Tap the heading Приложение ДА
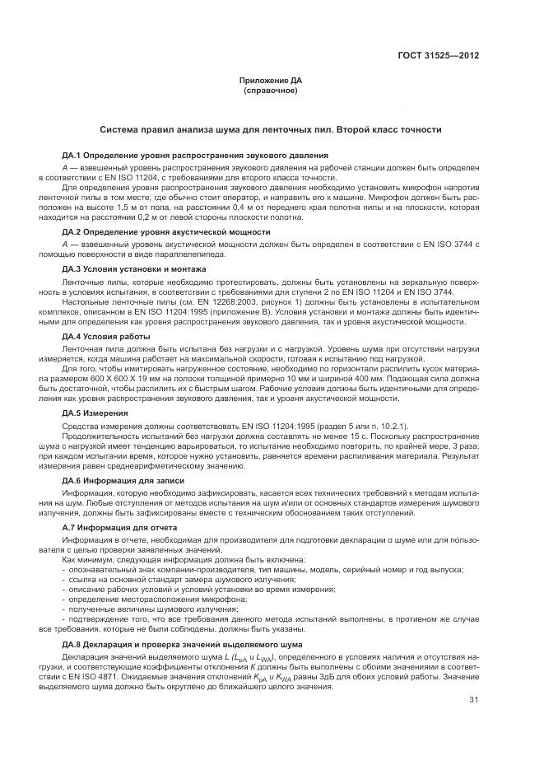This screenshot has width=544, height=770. [271, 80]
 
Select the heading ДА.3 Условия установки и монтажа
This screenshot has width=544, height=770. [134, 269]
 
